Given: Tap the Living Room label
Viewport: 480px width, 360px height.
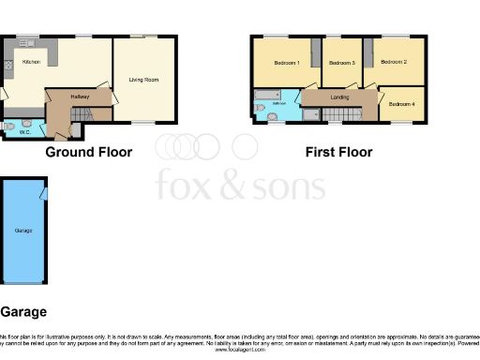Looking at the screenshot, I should point(144,81).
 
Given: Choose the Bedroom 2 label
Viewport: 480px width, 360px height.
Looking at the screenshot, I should point(394,62).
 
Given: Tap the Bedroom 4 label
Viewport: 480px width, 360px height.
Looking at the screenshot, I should point(401,103).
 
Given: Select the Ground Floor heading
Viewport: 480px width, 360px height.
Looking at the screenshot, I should point(89,152).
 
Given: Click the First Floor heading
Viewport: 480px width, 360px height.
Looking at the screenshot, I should point(338,152).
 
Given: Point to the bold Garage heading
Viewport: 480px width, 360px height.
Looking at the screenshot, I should point(22,311).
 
